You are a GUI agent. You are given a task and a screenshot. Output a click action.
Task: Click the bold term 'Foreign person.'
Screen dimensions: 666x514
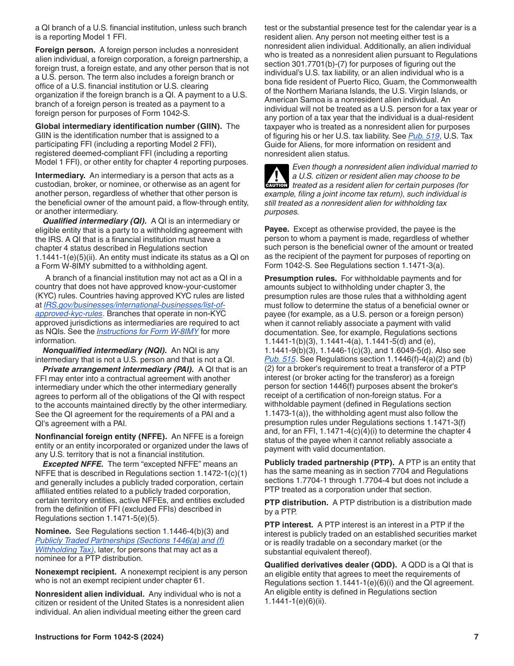pyautogui.click(x=65, y=50)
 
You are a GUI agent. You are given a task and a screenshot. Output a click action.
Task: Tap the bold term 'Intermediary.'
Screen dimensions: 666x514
pyautogui.click(x=60, y=176)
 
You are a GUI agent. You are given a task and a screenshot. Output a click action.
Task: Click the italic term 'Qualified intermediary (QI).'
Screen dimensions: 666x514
pyautogui.click(x=95, y=221)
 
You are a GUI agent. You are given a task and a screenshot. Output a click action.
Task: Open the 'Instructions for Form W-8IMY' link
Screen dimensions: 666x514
pyautogui.click(x=147, y=332)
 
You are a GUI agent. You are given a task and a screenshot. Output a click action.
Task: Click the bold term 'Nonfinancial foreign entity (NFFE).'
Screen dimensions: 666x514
pyautogui.click(x=101, y=437)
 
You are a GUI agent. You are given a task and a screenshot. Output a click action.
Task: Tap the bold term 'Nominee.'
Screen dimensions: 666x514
pyautogui.click(x=52, y=532)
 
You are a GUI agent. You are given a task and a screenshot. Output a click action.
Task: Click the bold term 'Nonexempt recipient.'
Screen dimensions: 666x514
pyautogui.click(x=76, y=572)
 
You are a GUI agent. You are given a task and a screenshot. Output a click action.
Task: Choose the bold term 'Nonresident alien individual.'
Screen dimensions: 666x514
pyautogui.click(x=90, y=595)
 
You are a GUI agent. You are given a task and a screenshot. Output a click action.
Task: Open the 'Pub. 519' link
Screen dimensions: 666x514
pyautogui.click(x=424, y=136)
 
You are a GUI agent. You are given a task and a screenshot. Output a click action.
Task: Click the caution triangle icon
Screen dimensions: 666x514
pyautogui.click(x=276, y=177)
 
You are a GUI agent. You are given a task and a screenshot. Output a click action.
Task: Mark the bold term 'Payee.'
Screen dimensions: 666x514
pyautogui.click(x=276, y=230)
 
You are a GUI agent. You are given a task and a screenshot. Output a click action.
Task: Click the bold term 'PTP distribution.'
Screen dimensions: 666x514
pyautogui.click(x=296, y=503)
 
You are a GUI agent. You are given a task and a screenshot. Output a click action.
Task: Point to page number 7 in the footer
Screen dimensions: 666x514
pyautogui.click(x=476, y=637)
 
